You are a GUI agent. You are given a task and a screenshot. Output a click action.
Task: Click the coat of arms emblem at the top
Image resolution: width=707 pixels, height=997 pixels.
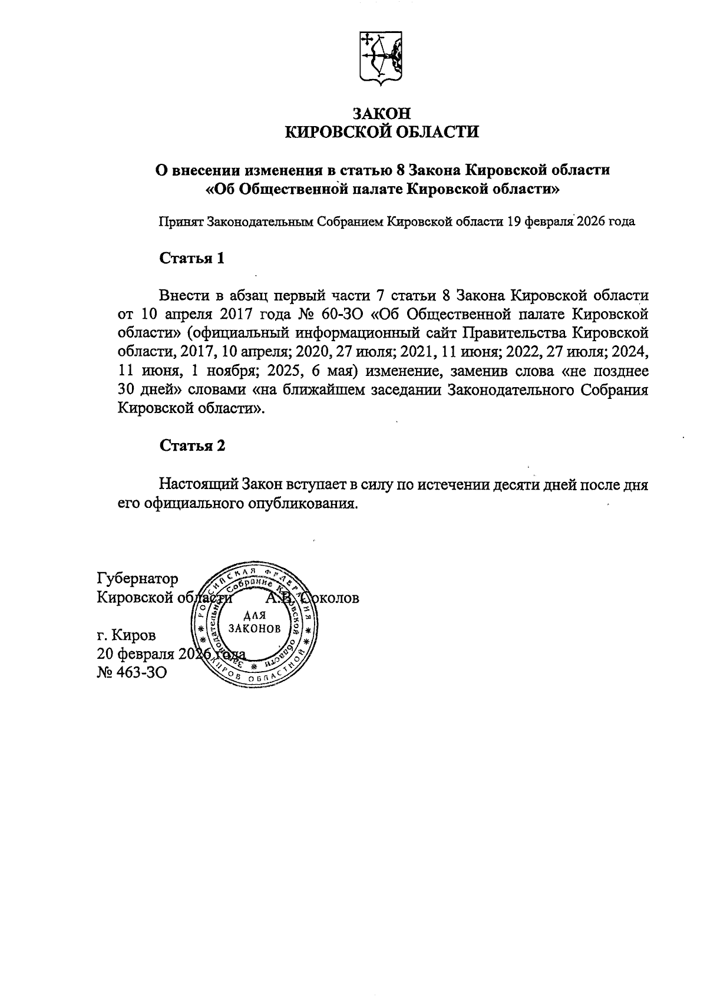click(x=381, y=59)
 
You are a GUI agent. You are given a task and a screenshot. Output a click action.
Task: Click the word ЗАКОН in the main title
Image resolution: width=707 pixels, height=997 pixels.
click(x=381, y=113)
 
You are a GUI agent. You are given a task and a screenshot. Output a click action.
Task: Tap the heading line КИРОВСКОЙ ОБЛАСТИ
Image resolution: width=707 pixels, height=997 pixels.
click(x=382, y=133)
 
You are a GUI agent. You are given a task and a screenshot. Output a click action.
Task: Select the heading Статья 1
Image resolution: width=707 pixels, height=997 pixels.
click(x=192, y=258)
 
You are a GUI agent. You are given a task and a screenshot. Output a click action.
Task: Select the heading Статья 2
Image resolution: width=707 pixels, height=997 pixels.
click(x=192, y=445)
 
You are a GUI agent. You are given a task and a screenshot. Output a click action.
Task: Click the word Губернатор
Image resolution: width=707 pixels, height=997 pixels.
click(x=137, y=579)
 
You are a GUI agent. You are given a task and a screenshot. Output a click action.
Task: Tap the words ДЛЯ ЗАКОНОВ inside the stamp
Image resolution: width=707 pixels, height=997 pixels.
click(x=255, y=622)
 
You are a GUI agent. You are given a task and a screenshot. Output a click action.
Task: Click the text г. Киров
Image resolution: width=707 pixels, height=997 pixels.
click(x=127, y=635)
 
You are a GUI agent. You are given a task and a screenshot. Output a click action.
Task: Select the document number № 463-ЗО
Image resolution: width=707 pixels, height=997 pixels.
click(x=131, y=672)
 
